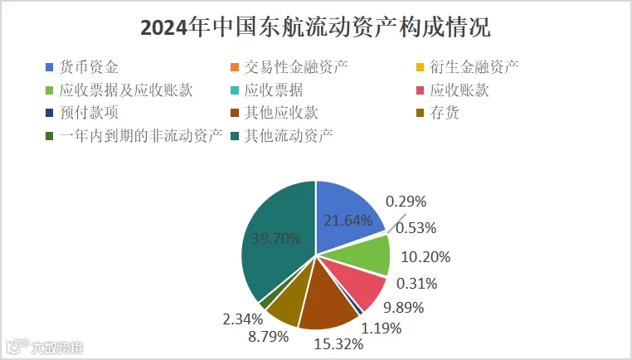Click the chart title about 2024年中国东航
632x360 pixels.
click(316, 27)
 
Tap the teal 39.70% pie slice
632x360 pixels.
click(278, 238)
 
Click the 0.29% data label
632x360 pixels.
click(406, 202)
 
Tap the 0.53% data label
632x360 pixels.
click(416, 228)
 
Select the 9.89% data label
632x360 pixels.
click(403, 308)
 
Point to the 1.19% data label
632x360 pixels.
click(382, 328)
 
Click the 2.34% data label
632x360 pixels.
click(243, 319)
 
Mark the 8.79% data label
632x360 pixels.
click(269, 336)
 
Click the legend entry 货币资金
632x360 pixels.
click(82, 67)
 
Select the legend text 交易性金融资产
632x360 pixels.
click(296, 67)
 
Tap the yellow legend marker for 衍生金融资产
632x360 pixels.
click(420, 67)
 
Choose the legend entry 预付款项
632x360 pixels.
click(82, 113)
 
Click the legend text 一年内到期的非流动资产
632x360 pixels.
click(141, 136)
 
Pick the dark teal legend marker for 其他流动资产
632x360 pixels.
click(235, 136)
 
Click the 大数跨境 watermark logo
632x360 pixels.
click(44, 347)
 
